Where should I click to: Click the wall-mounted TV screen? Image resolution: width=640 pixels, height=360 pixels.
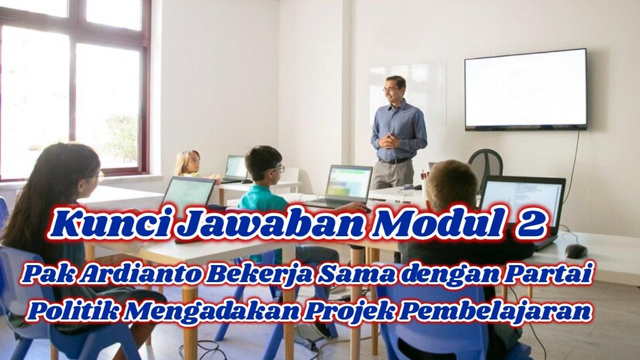[x=525, y=89]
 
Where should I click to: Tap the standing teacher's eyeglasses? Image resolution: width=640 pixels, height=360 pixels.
[x=390, y=89]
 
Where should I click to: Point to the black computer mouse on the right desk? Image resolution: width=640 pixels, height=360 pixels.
[x=576, y=251]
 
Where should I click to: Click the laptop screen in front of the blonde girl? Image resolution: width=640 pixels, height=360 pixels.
[x=235, y=167]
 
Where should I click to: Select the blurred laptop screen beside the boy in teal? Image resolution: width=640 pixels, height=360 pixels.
[x=348, y=183]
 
